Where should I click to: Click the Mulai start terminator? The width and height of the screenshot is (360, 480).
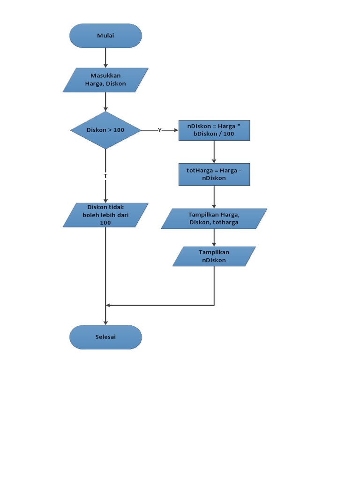(x=105, y=36)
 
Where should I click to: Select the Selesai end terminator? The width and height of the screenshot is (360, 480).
(x=105, y=337)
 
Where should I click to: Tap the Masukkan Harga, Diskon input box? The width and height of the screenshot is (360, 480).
(x=105, y=80)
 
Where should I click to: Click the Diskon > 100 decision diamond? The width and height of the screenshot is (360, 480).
(x=105, y=130)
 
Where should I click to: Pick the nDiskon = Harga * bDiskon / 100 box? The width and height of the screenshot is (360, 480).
(x=214, y=130)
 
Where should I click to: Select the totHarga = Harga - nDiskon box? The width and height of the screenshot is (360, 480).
(x=214, y=174)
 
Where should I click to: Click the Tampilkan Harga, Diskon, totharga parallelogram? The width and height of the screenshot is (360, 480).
(x=214, y=218)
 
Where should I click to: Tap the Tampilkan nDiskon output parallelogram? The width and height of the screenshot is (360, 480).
(x=214, y=256)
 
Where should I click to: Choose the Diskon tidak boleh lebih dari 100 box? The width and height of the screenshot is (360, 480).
(x=105, y=215)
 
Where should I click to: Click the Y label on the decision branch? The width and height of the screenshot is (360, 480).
(x=159, y=130)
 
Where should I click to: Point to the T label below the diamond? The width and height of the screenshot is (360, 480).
(x=105, y=175)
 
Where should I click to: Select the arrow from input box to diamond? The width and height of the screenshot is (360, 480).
(x=105, y=101)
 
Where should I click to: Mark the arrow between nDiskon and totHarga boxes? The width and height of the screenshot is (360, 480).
(x=214, y=151)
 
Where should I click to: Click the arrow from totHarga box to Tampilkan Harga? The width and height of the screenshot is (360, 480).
(x=214, y=197)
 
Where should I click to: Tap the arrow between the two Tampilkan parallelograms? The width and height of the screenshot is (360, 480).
(x=214, y=238)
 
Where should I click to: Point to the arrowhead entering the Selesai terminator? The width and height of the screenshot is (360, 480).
(x=105, y=322)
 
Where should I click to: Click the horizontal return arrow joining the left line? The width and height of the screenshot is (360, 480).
(x=159, y=305)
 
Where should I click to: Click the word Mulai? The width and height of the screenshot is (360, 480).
(x=105, y=36)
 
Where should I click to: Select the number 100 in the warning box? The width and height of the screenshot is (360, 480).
(x=105, y=223)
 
